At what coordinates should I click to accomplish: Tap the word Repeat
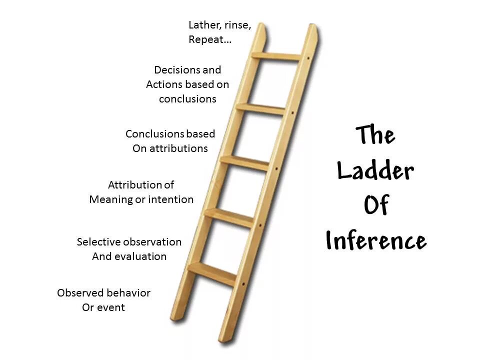coord(206,39)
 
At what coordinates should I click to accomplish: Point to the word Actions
coord(164,84)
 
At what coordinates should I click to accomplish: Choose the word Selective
coord(98,242)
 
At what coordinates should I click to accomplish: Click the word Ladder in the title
coord(375,171)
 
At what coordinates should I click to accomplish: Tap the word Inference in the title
coord(376,241)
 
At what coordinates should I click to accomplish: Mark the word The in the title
coord(375,134)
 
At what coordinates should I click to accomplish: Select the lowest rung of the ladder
coord(212,273)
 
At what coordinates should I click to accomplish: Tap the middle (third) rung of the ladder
coord(245,162)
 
